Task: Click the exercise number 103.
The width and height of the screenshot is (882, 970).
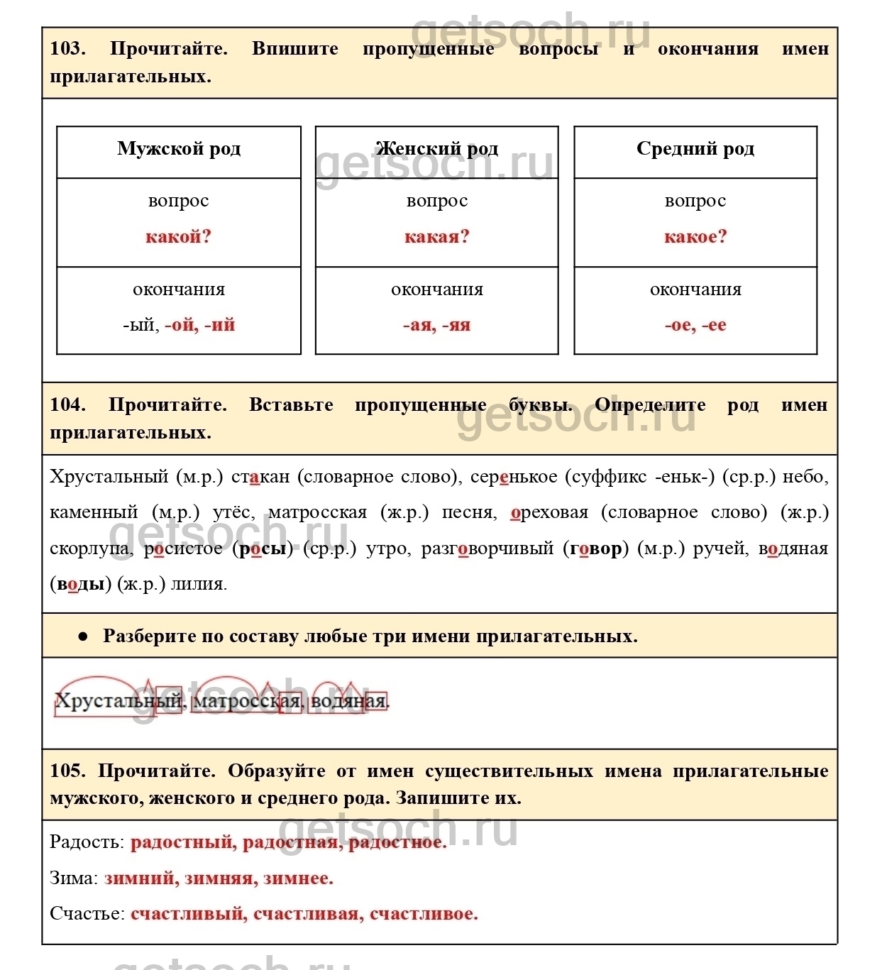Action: [x=67, y=49]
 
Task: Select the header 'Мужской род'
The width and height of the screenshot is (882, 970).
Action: [x=179, y=149]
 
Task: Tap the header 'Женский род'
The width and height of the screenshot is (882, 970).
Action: [x=436, y=149]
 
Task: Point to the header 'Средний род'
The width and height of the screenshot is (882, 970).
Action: [x=695, y=149]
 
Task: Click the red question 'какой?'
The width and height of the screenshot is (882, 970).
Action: [x=179, y=237]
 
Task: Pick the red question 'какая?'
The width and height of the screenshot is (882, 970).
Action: [x=437, y=237]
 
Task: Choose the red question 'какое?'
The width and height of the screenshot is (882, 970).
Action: [x=695, y=237]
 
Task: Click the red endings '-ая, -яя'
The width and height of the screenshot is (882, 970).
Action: [x=437, y=326]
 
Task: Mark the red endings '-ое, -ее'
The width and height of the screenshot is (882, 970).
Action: [x=695, y=326]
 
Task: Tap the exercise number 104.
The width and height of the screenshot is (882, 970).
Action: [x=67, y=405]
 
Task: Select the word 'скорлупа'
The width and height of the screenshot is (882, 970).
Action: [x=89, y=549]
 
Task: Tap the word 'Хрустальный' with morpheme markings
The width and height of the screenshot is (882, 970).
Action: [x=118, y=701]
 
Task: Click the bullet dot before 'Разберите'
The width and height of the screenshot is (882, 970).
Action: [x=83, y=636]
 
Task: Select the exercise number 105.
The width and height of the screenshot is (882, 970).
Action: [x=67, y=771]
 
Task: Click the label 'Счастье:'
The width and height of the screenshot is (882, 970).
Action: [x=87, y=914]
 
